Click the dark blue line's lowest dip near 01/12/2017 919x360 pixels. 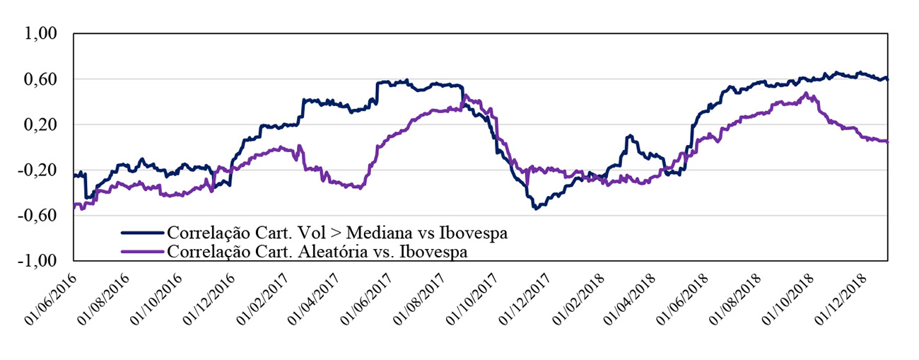click(536, 209)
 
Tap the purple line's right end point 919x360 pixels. click(887, 141)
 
